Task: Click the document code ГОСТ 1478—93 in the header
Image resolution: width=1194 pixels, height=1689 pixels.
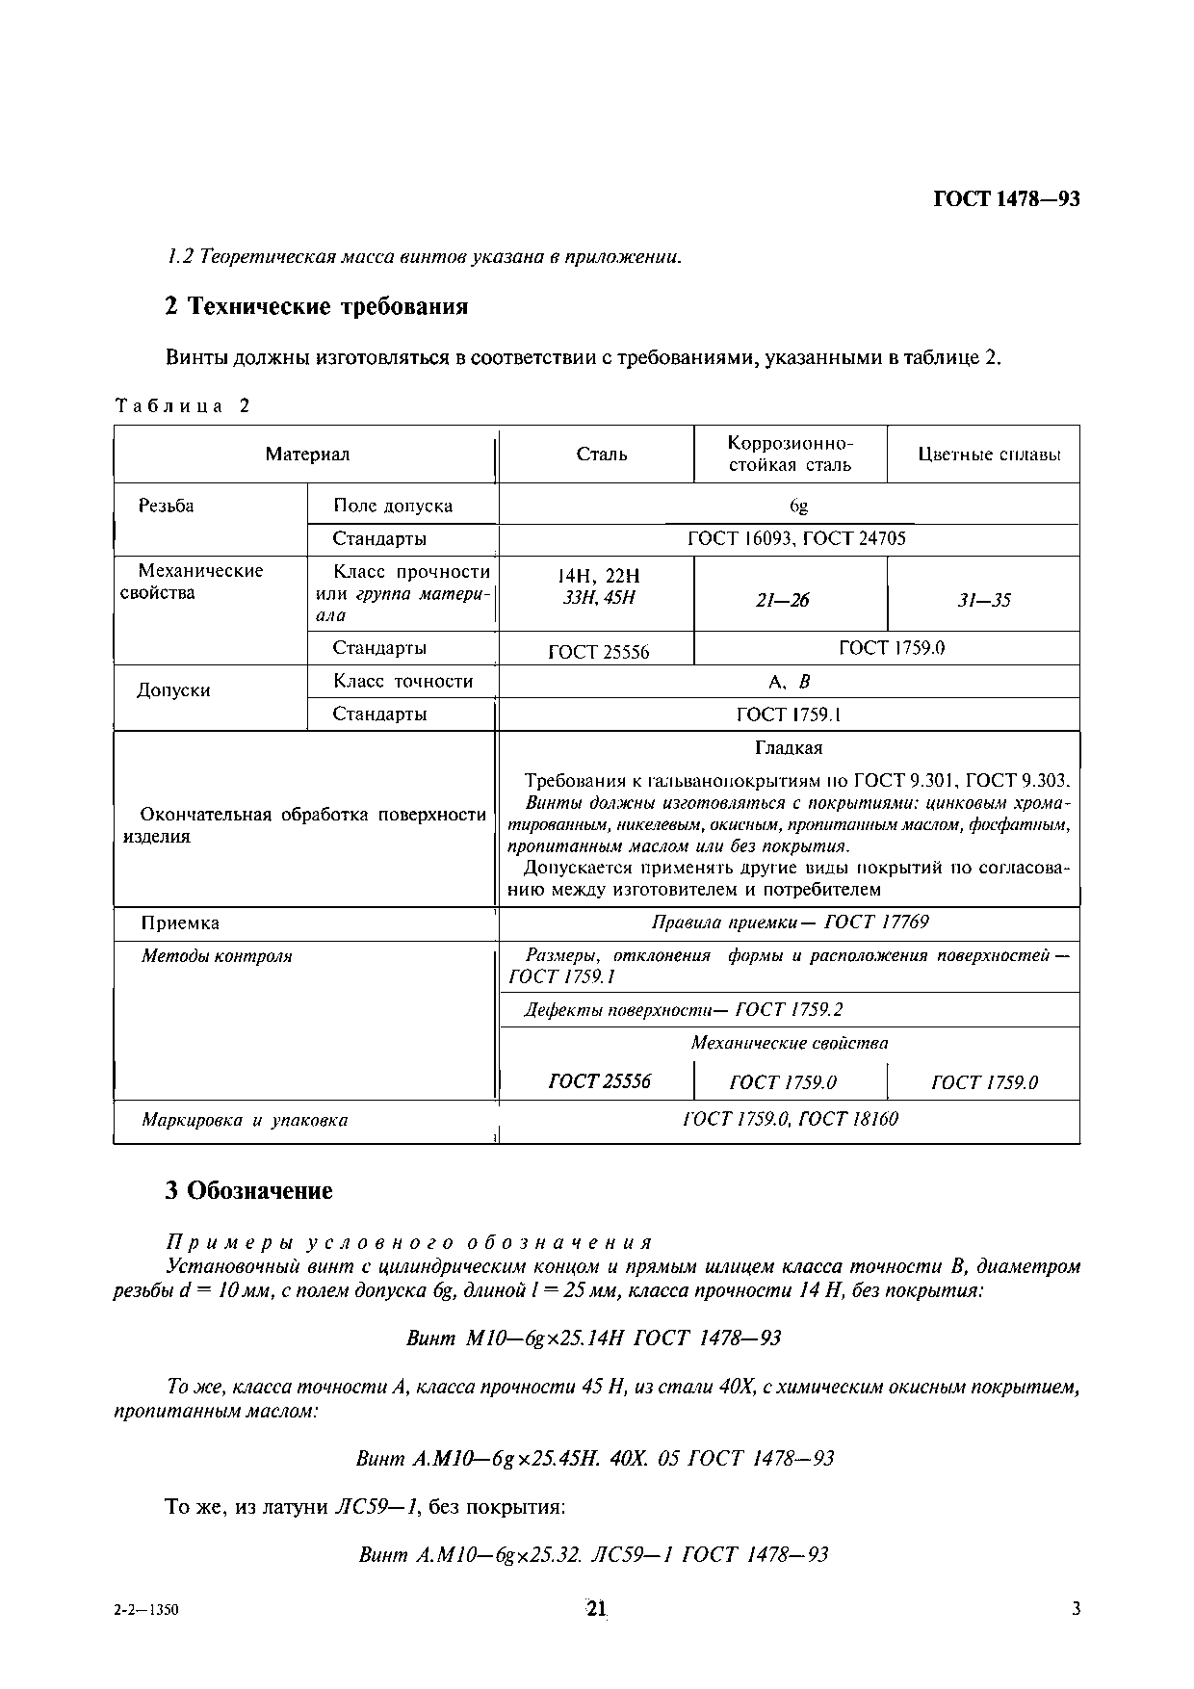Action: coord(1006,199)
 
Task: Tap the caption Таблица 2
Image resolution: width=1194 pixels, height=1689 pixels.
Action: coord(182,405)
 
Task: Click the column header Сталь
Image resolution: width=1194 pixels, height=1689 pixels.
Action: coord(601,454)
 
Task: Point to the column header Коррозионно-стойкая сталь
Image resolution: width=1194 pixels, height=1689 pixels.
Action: coord(790,454)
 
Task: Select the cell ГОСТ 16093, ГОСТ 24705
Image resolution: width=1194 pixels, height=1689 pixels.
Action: coord(796,538)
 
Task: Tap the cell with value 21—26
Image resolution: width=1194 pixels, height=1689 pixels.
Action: coord(782,600)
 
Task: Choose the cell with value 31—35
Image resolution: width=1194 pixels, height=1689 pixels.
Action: coord(984,600)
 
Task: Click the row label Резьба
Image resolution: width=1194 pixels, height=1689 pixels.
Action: coord(166,506)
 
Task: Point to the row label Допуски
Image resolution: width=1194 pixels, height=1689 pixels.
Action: coord(173,690)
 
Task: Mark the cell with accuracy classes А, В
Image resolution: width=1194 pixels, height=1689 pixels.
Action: coord(790,682)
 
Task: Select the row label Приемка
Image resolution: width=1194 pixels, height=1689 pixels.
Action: coord(180,922)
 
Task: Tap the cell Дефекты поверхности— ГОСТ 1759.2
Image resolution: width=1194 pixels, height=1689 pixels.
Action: coord(683,1009)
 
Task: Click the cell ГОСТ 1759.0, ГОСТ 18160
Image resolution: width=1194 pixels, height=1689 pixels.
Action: coord(790,1118)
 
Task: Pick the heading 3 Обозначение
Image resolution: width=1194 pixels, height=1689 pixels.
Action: coord(248,1190)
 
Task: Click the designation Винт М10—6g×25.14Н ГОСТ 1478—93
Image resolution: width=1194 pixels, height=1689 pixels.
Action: coord(593,1338)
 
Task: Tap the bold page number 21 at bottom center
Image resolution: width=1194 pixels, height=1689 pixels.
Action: coord(596,1608)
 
